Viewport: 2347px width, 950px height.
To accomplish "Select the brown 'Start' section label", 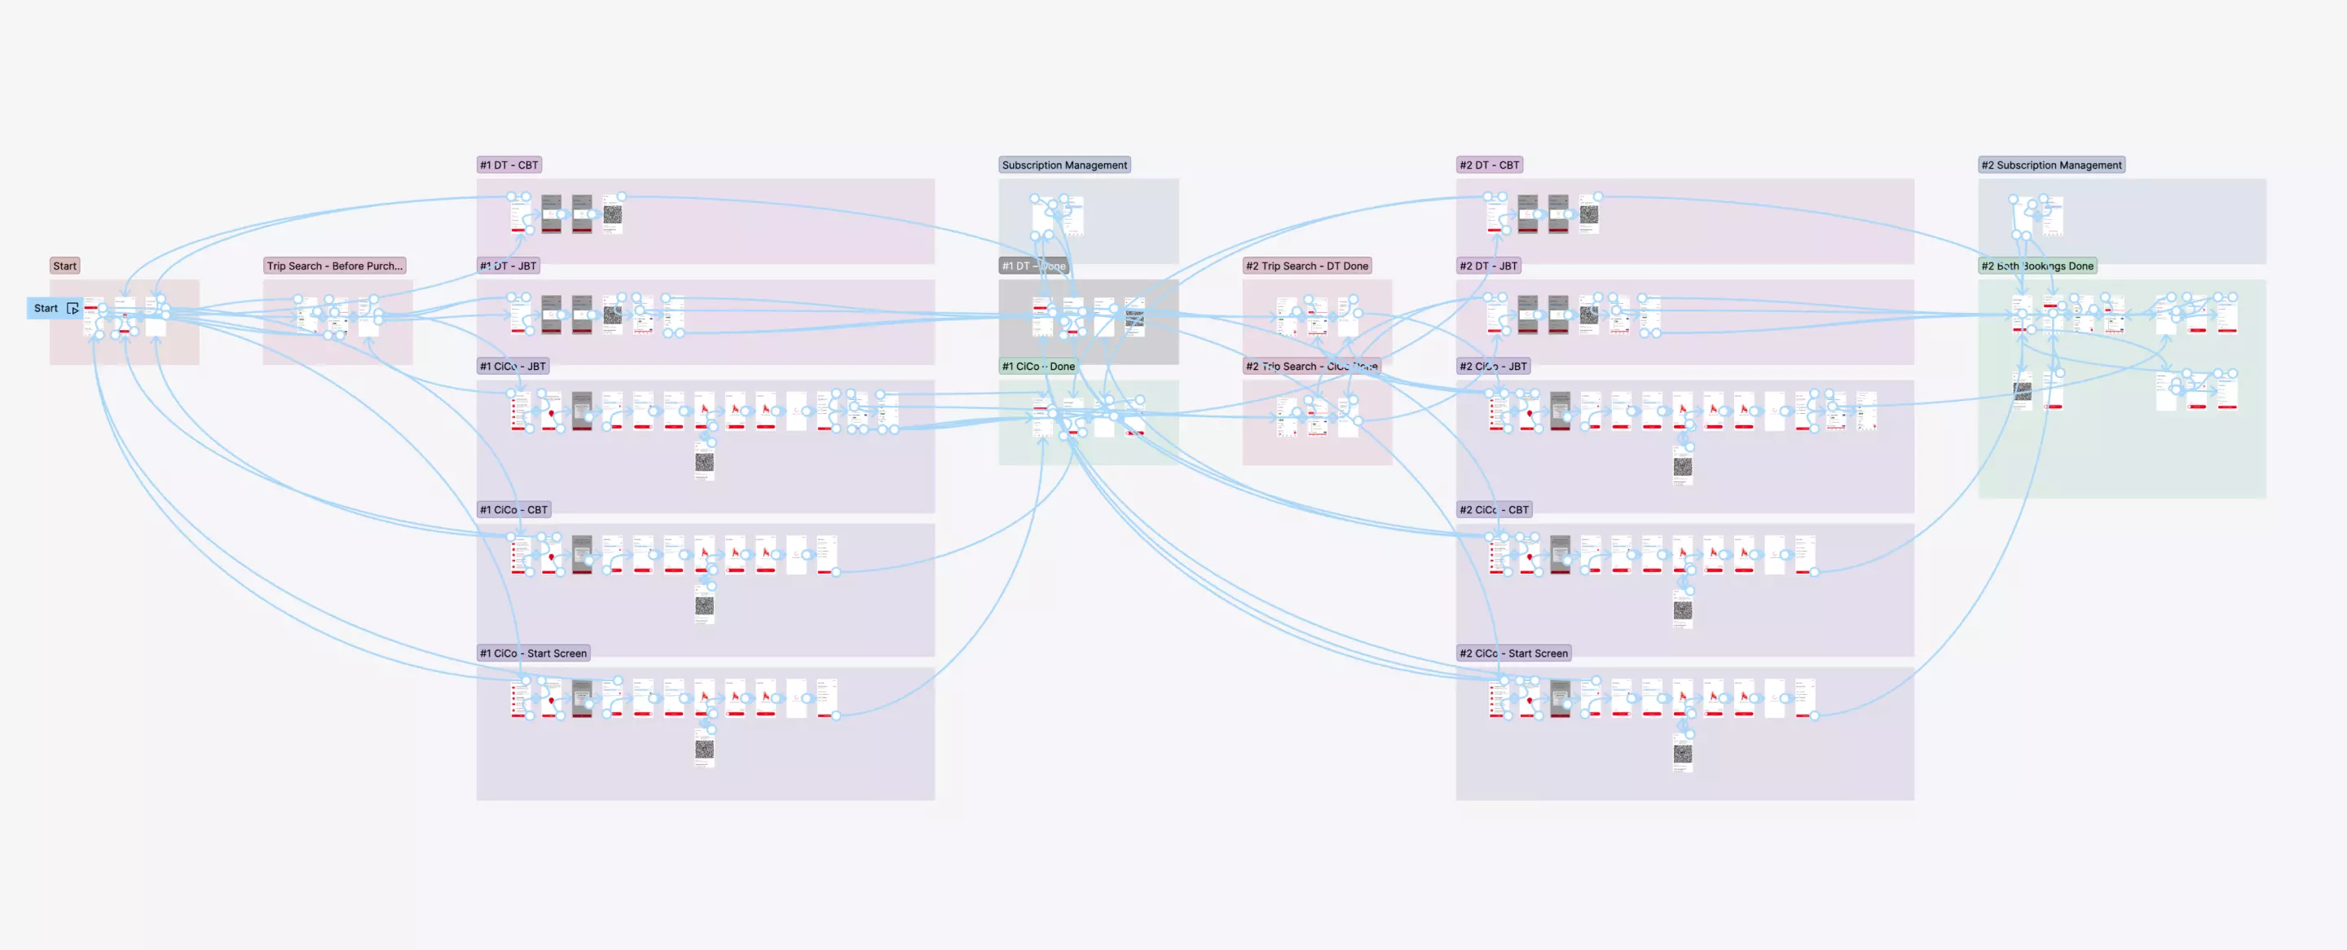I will [x=64, y=266].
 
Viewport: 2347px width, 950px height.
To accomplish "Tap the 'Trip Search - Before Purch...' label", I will [x=334, y=266].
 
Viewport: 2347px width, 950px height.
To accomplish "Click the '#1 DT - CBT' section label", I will [x=509, y=165].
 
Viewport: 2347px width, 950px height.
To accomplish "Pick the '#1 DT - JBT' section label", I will [x=509, y=266].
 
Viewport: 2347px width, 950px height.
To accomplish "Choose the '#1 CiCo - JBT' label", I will [x=513, y=366].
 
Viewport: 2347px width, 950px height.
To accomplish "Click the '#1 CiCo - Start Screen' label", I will [x=534, y=653].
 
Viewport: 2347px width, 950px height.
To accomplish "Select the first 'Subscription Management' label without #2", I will [x=1064, y=165].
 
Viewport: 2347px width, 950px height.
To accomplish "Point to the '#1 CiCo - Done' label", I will [x=1037, y=366].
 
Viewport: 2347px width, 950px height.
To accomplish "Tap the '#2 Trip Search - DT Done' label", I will [x=1306, y=266].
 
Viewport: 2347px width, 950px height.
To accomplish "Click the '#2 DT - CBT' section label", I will [x=1489, y=165].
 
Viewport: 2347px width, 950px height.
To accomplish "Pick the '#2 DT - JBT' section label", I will [x=1488, y=266].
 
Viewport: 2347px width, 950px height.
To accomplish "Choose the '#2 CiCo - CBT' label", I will [x=1493, y=510].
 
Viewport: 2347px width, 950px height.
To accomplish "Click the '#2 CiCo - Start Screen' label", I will [x=1513, y=653].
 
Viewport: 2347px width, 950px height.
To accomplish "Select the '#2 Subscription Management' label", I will [x=2051, y=165].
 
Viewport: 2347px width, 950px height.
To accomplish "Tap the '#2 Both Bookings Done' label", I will [x=2037, y=266].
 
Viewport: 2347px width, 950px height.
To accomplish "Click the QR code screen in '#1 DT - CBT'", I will [x=612, y=215].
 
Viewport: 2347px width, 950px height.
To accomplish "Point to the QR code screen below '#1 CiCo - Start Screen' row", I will [x=704, y=750].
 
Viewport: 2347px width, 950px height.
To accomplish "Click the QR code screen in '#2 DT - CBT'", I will [x=1589, y=215].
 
